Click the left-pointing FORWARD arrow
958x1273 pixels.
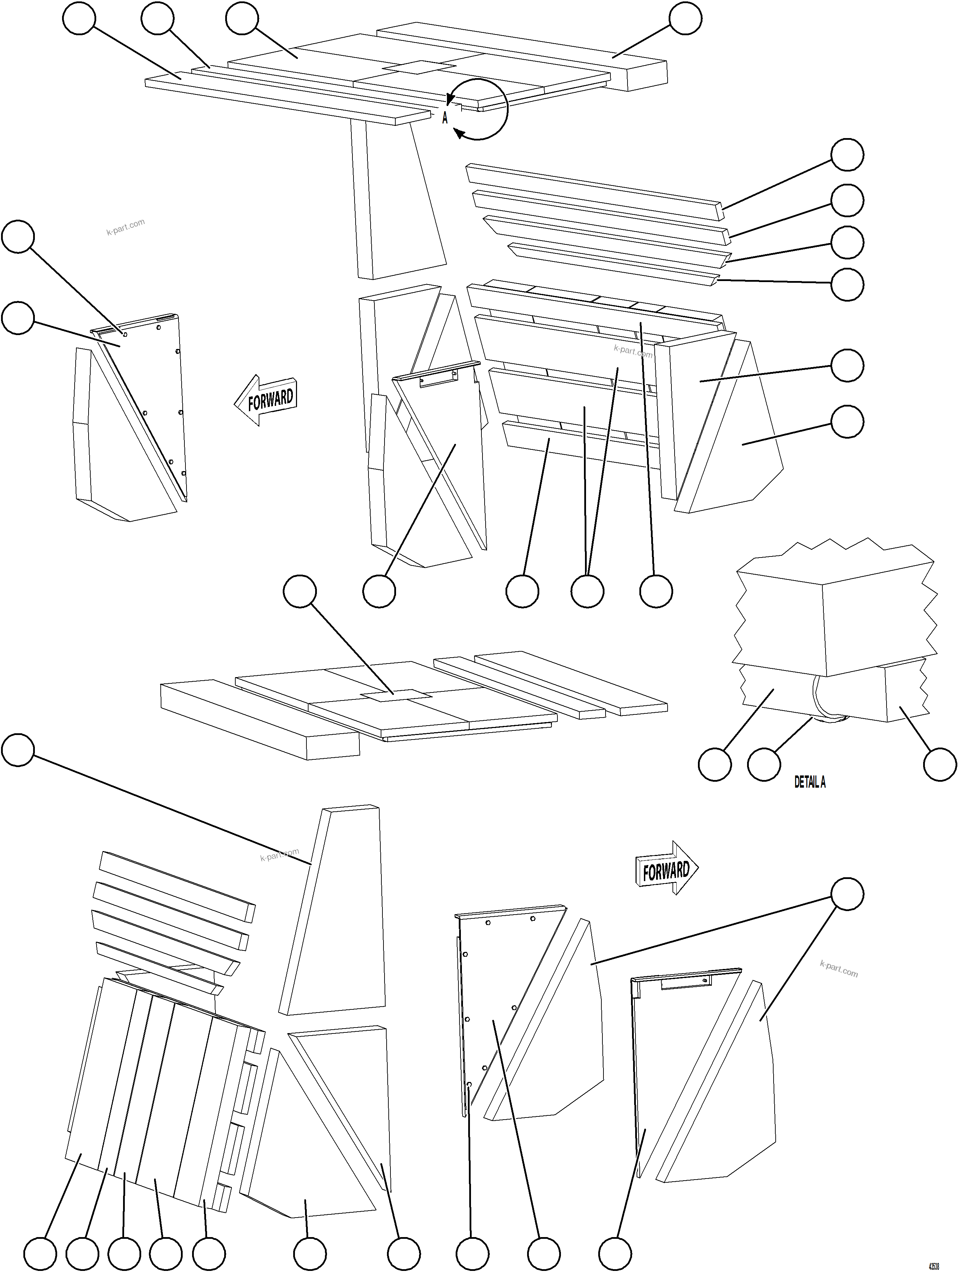[x=266, y=400]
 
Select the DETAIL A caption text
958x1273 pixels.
[x=809, y=782]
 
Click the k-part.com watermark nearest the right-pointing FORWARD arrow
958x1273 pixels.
[x=838, y=970]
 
